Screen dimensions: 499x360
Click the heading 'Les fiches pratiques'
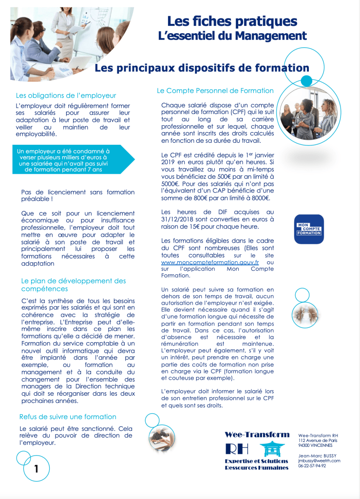tap(232, 21)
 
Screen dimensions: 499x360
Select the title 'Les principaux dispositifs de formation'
tap(202, 68)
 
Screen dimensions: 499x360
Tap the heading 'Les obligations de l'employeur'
tap(66, 96)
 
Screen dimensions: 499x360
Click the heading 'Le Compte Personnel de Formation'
tap(215, 91)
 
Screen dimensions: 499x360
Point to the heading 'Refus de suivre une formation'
tap(68, 417)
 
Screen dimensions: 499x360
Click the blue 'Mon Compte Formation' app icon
tap(309, 229)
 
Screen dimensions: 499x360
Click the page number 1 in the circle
tap(36, 469)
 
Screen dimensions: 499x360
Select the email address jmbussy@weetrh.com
tap(319, 461)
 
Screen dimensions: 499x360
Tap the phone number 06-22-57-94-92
tap(312, 466)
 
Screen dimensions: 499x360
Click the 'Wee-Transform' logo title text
tap(257, 435)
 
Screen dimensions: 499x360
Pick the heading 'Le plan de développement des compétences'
tap(73, 285)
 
